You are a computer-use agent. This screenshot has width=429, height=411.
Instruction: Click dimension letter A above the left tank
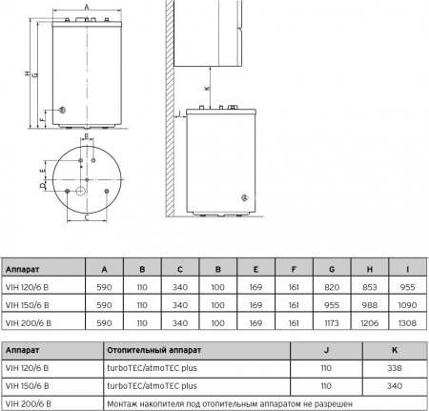(x=87, y=6)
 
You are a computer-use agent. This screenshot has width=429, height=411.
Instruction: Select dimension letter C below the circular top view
(x=87, y=218)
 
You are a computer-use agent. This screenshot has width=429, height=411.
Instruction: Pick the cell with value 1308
(x=405, y=323)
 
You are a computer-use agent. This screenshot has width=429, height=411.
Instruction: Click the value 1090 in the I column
(x=405, y=304)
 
